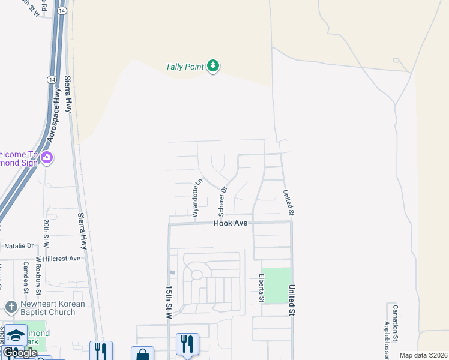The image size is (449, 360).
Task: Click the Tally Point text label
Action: tap(185, 67)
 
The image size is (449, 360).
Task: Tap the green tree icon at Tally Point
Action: tap(213, 65)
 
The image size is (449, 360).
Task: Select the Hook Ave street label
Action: tap(231, 223)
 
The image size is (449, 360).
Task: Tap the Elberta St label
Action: tap(262, 289)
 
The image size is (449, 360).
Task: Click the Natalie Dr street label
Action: tap(19, 246)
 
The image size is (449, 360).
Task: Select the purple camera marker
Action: tap(47, 158)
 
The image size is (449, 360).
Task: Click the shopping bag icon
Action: tap(142, 355)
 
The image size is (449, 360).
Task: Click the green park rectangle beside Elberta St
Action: tap(277, 285)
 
